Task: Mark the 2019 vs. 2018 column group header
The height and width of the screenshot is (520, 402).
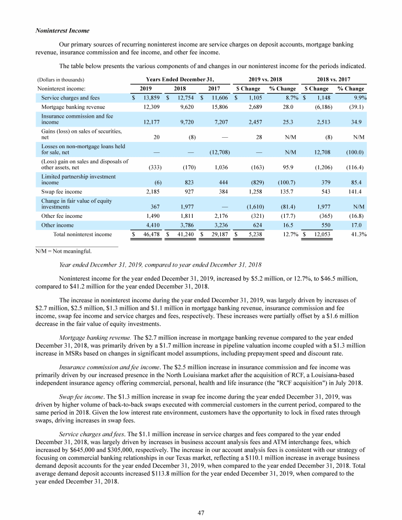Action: point(265,79)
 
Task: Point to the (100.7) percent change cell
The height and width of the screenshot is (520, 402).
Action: point(286,183)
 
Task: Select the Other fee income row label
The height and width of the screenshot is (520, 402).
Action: point(62,216)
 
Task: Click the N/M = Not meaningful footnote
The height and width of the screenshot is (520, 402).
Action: point(63,251)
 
